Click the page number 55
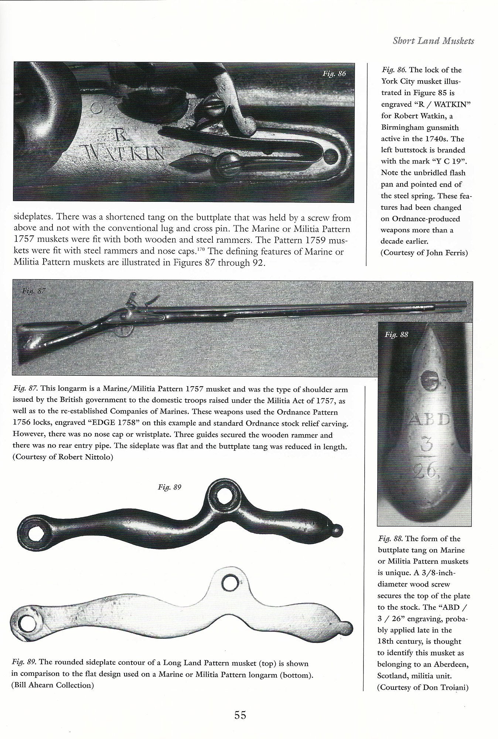(x=240, y=715)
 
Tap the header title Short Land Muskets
(x=433, y=41)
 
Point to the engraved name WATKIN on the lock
(x=124, y=152)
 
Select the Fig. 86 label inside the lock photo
(x=334, y=74)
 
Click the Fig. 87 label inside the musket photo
(x=34, y=291)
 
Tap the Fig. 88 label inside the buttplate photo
(x=396, y=335)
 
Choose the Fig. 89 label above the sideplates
(x=170, y=487)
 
